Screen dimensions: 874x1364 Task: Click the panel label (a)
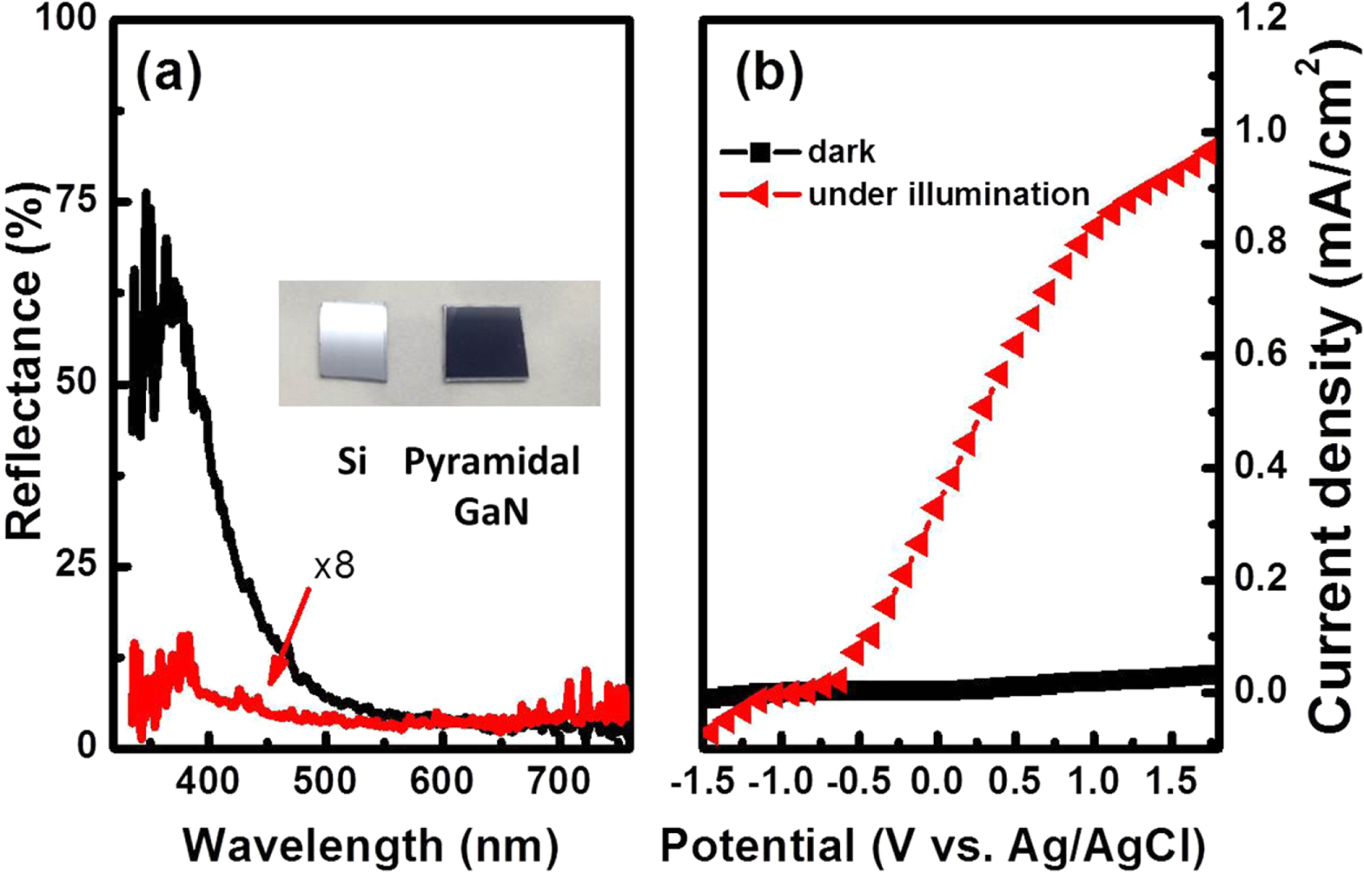pyautogui.click(x=169, y=74)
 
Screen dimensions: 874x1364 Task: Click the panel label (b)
pyautogui.click(x=768, y=74)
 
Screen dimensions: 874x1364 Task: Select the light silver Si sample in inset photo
pyautogui.click(x=352, y=341)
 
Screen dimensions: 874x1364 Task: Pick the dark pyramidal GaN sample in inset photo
pyautogui.click(x=484, y=343)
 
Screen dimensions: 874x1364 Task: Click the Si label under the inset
pyautogui.click(x=352, y=462)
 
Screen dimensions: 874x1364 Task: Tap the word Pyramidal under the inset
pyautogui.click(x=492, y=462)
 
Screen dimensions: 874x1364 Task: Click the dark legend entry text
pyautogui.click(x=842, y=152)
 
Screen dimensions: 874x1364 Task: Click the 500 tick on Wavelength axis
pyautogui.click(x=325, y=782)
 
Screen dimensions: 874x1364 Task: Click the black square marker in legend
pyautogui.click(x=760, y=153)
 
